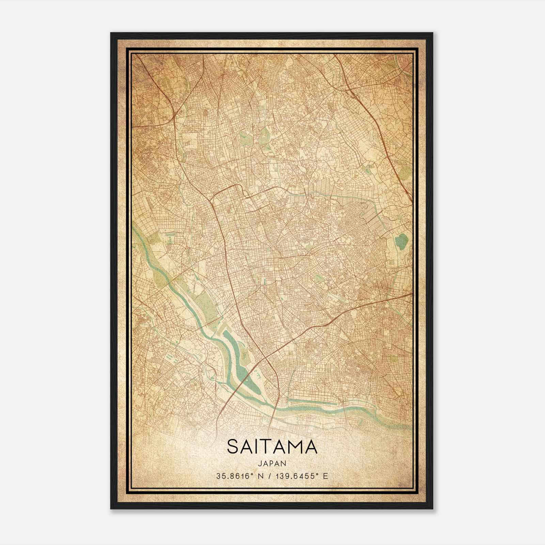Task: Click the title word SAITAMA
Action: tap(272, 447)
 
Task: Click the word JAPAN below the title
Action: tap(272, 463)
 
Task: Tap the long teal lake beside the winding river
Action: tap(238, 361)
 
